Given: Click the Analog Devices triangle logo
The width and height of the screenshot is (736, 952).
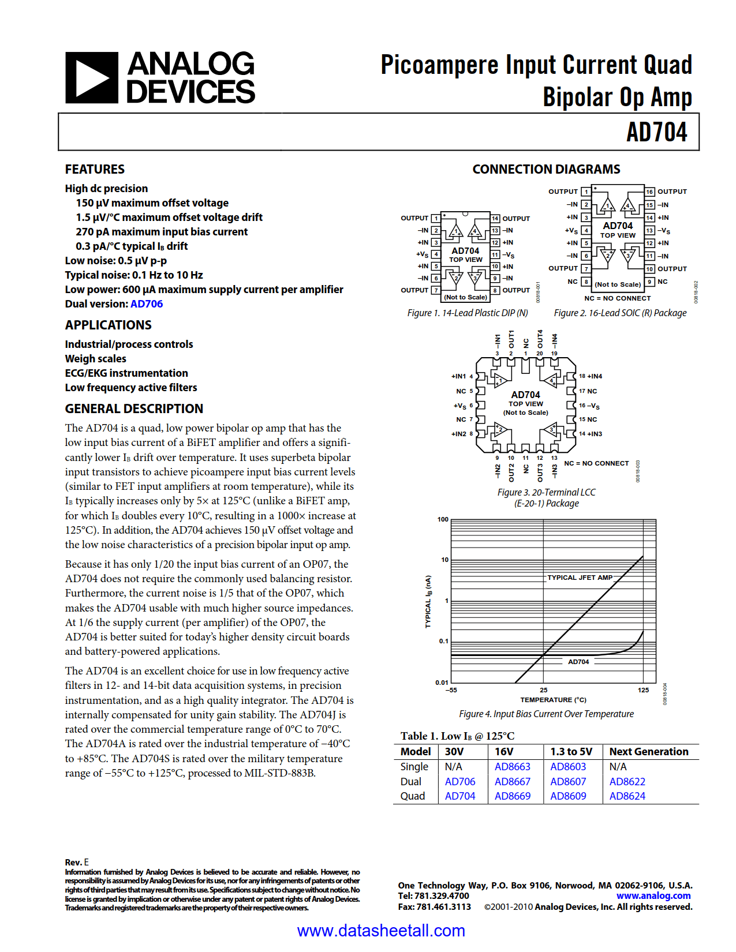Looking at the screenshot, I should tap(92, 78).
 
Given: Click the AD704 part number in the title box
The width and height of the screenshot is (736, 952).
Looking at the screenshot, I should tap(656, 132).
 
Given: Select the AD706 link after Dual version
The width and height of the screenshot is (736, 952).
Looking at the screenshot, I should tap(147, 304).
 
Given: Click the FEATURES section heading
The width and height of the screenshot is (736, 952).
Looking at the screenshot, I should tap(95, 169).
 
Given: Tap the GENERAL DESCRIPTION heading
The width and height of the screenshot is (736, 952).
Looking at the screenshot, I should tap(134, 408).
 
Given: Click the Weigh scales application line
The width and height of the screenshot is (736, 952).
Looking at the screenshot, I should tap(95, 359).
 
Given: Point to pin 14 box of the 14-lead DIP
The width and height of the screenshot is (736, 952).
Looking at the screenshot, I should tap(495, 218).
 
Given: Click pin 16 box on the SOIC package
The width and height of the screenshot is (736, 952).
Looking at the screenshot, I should tap(649, 192).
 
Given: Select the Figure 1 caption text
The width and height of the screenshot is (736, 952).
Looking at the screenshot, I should tap(468, 313).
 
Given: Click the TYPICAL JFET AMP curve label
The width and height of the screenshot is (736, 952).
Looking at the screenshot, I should tap(580, 578).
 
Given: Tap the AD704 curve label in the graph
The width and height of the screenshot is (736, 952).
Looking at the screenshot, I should tap(578, 662).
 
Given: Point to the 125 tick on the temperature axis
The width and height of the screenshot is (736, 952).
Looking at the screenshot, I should tap(643, 690).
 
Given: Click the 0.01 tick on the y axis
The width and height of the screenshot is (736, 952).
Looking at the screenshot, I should tap(442, 683).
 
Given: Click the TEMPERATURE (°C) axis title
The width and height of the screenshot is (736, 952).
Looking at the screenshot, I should tap(553, 700).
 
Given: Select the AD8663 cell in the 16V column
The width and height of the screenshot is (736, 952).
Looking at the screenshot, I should tap(512, 767).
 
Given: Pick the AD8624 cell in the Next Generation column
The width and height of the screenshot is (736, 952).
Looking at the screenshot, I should tap(627, 796).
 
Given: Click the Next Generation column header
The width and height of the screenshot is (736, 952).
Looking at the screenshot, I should tap(649, 752).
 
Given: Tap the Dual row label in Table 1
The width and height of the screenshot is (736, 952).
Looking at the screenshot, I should tap(410, 782).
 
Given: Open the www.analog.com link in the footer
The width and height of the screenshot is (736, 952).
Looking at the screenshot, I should tap(653, 896).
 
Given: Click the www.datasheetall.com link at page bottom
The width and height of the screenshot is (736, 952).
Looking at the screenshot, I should tap(381, 931).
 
